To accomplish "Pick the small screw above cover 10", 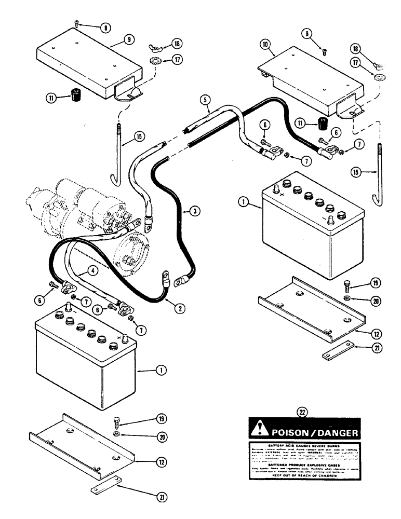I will pos(324,51).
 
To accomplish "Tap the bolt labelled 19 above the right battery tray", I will pos(348,284).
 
